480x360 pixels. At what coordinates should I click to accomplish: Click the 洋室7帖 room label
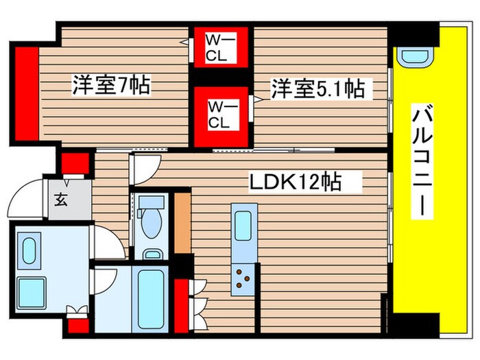[111, 86]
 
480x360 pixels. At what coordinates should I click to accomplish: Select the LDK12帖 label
[295, 182]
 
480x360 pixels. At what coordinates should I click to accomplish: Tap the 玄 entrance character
[60, 200]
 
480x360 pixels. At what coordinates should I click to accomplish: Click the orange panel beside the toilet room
[182, 223]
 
